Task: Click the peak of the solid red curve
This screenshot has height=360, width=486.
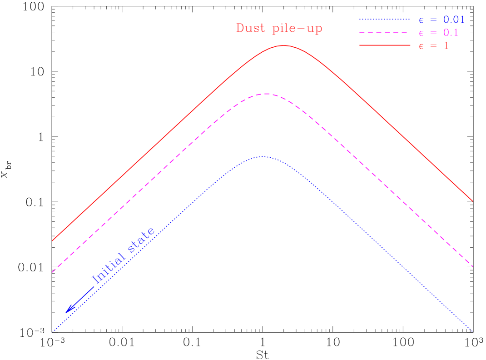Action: point(283,45)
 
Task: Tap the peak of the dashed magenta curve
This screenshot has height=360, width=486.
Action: point(266,94)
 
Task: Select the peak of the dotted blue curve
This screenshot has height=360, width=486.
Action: point(261,157)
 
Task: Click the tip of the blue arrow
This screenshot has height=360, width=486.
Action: point(66,313)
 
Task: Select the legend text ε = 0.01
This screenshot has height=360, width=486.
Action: point(441,20)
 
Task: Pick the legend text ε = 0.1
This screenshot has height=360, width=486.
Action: point(438,33)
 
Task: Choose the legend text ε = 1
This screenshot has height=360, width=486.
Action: point(433,45)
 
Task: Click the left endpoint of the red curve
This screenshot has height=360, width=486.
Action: point(53,240)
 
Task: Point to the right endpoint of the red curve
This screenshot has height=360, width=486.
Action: point(473,200)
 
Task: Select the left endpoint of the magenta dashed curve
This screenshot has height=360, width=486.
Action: point(53,272)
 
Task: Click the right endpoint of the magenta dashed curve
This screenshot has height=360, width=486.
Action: point(473,266)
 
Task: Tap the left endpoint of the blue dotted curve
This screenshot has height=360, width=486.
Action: point(53,332)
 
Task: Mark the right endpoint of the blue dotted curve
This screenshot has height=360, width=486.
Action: point(473,331)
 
